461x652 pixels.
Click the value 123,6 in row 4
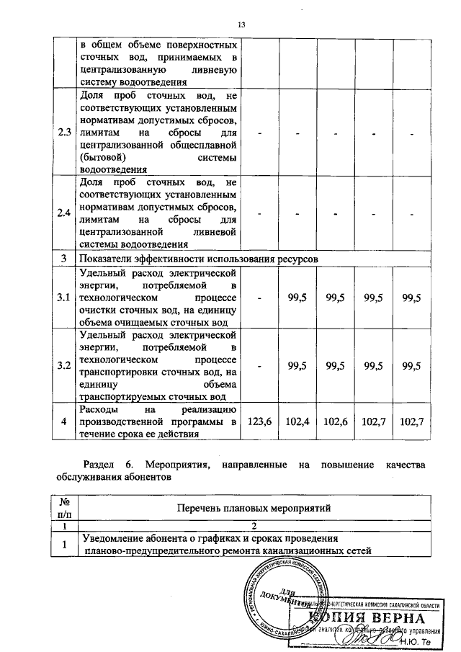point(259,421)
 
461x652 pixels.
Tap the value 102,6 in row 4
point(336,421)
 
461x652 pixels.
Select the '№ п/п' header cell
point(64,508)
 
